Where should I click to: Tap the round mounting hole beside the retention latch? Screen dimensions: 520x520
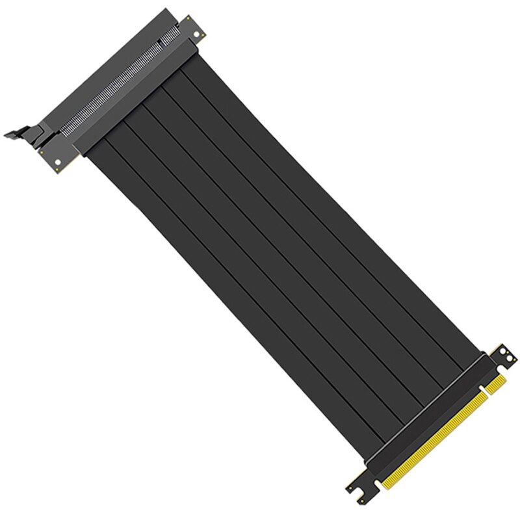[60, 158]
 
